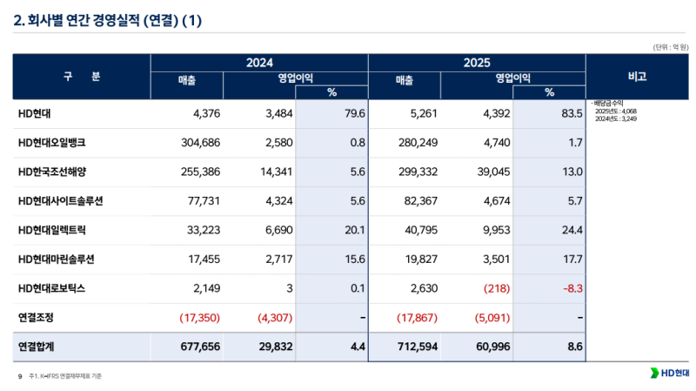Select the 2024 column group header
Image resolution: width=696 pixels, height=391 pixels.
[259, 63]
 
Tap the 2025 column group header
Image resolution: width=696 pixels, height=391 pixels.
[477, 63]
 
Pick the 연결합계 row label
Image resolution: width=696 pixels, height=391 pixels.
[37, 346]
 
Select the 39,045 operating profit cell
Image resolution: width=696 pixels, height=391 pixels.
[485, 172]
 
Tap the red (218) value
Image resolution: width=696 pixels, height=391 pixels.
[489, 287]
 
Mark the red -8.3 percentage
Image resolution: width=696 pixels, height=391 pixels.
[572, 287]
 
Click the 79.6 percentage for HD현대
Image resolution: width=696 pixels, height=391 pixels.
[353, 113]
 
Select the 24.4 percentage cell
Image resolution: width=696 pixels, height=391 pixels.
[572, 230]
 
